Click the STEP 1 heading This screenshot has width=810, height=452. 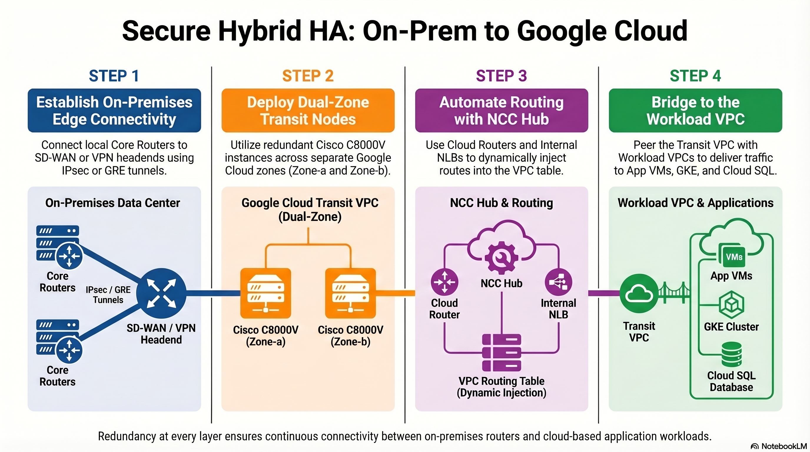[x=114, y=76]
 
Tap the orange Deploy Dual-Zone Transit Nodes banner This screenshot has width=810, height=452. [x=308, y=110]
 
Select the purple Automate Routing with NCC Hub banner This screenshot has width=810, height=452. [x=501, y=110]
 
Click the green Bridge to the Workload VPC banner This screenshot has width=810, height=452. [x=695, y=110]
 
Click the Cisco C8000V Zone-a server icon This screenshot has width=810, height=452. [x=266, y=293]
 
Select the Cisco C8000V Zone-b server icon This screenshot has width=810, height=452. [x=350, y=293]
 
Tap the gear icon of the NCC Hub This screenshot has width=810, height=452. [x=501, y=257]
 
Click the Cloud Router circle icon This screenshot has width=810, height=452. [x=444, y=282]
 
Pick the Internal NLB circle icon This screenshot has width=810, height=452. [x=558, y=282]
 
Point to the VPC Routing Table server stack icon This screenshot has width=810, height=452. [x=501, y=353]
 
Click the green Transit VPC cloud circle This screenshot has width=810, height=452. [x=639, y=293]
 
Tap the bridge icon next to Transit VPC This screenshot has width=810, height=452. [x=674, y=293]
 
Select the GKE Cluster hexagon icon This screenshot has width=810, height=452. [x=731, y=305]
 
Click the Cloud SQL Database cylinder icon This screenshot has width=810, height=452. [x=731, y=354]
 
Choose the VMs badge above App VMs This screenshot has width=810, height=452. [x=734, y=257]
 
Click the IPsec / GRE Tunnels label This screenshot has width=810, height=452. [x=108, y=295]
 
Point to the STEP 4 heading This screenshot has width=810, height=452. [x=695, y=76]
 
